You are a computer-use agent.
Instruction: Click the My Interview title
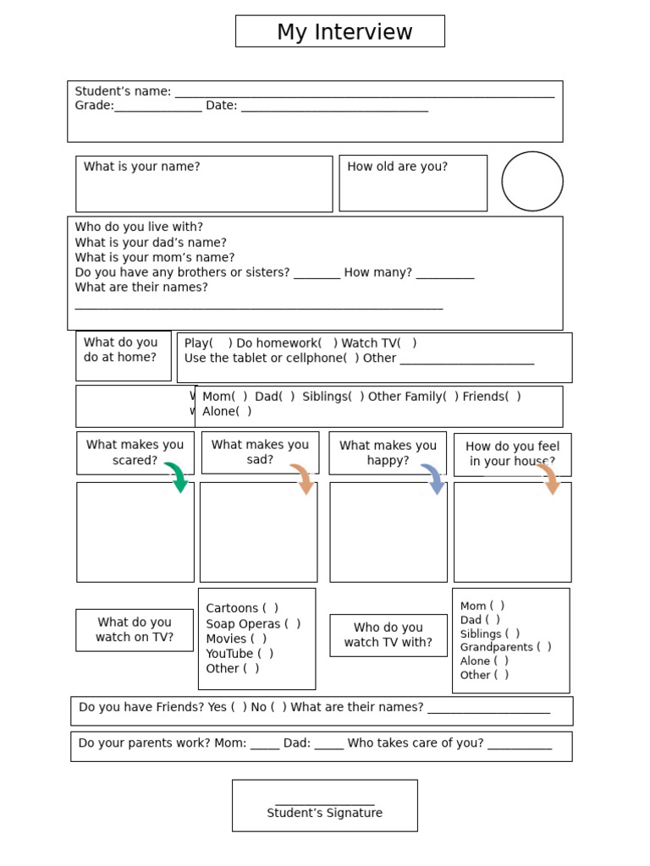[344, 32]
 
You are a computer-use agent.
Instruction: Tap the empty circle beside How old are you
[532, 181]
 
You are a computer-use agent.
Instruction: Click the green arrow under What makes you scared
[177, 477]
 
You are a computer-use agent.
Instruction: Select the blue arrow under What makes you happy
[433, 479]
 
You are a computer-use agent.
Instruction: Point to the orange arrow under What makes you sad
[303, 479]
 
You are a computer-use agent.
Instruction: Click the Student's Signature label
[325, 813]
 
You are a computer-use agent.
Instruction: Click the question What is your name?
[142, 167]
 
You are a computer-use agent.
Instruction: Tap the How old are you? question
[397, 167]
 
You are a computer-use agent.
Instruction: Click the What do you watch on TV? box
[135, 630]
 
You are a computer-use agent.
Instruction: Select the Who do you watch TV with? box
[388, 635]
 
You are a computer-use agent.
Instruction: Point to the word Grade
[93, 106]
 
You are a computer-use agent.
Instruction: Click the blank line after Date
[334, 108]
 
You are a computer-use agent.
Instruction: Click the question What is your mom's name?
[155, 257]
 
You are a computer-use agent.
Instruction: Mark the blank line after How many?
[445, 276]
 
